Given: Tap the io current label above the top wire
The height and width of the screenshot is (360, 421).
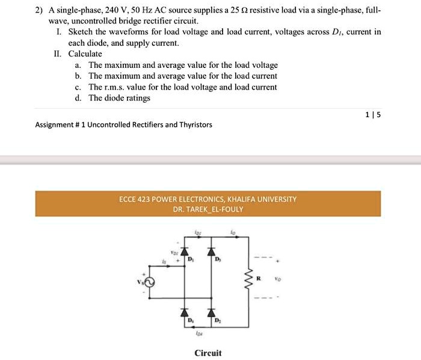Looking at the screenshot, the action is tap(233, 232).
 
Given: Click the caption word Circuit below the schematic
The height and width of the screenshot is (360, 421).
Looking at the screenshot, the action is tap(207, 353).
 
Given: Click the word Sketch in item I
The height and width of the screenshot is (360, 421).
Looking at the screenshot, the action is tap(80, 32).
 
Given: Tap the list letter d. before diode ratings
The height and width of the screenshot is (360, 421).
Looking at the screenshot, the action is tap(79, 98).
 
